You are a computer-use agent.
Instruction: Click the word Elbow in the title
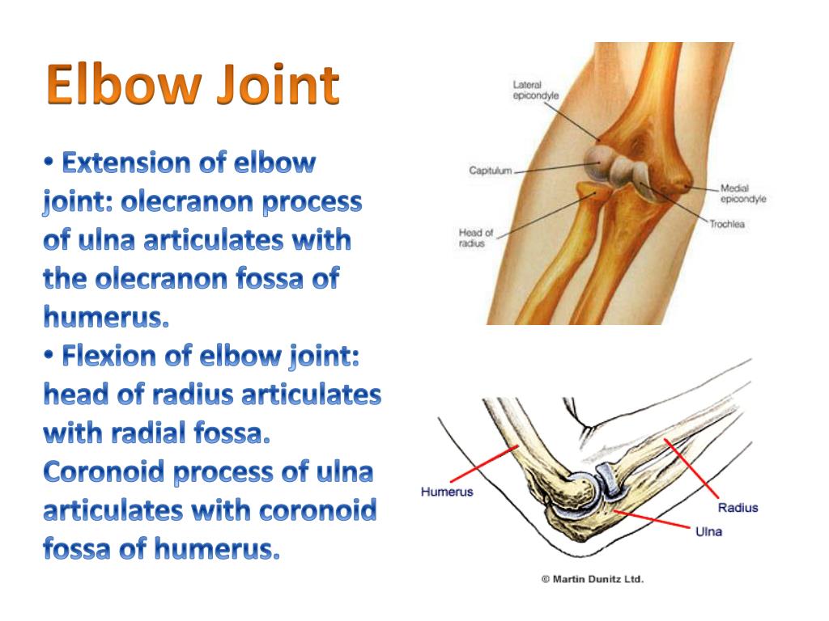coord(124,84)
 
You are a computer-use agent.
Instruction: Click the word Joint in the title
coord(278,84)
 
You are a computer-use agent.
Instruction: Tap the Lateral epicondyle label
coord(536,91)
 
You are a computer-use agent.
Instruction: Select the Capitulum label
coord(490,171)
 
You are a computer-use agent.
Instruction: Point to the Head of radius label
coord(475,238)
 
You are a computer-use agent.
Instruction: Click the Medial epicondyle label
coord(743,193)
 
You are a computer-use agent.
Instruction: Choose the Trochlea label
coord(727,224)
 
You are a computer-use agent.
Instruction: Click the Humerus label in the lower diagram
coord(447,492)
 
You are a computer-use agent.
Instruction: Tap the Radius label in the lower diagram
coord(738,508)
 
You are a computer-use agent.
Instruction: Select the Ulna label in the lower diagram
coord(708,531)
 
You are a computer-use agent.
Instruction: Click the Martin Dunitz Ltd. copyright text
coord(592,579)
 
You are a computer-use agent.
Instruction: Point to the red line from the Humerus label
coord(484,463)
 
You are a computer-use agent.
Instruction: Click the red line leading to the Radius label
coord(691,468)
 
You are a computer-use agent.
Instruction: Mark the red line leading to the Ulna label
coord(652,519)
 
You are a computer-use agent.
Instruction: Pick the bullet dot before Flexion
coord(49,357)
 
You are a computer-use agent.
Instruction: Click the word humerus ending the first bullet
coord(106,317)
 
